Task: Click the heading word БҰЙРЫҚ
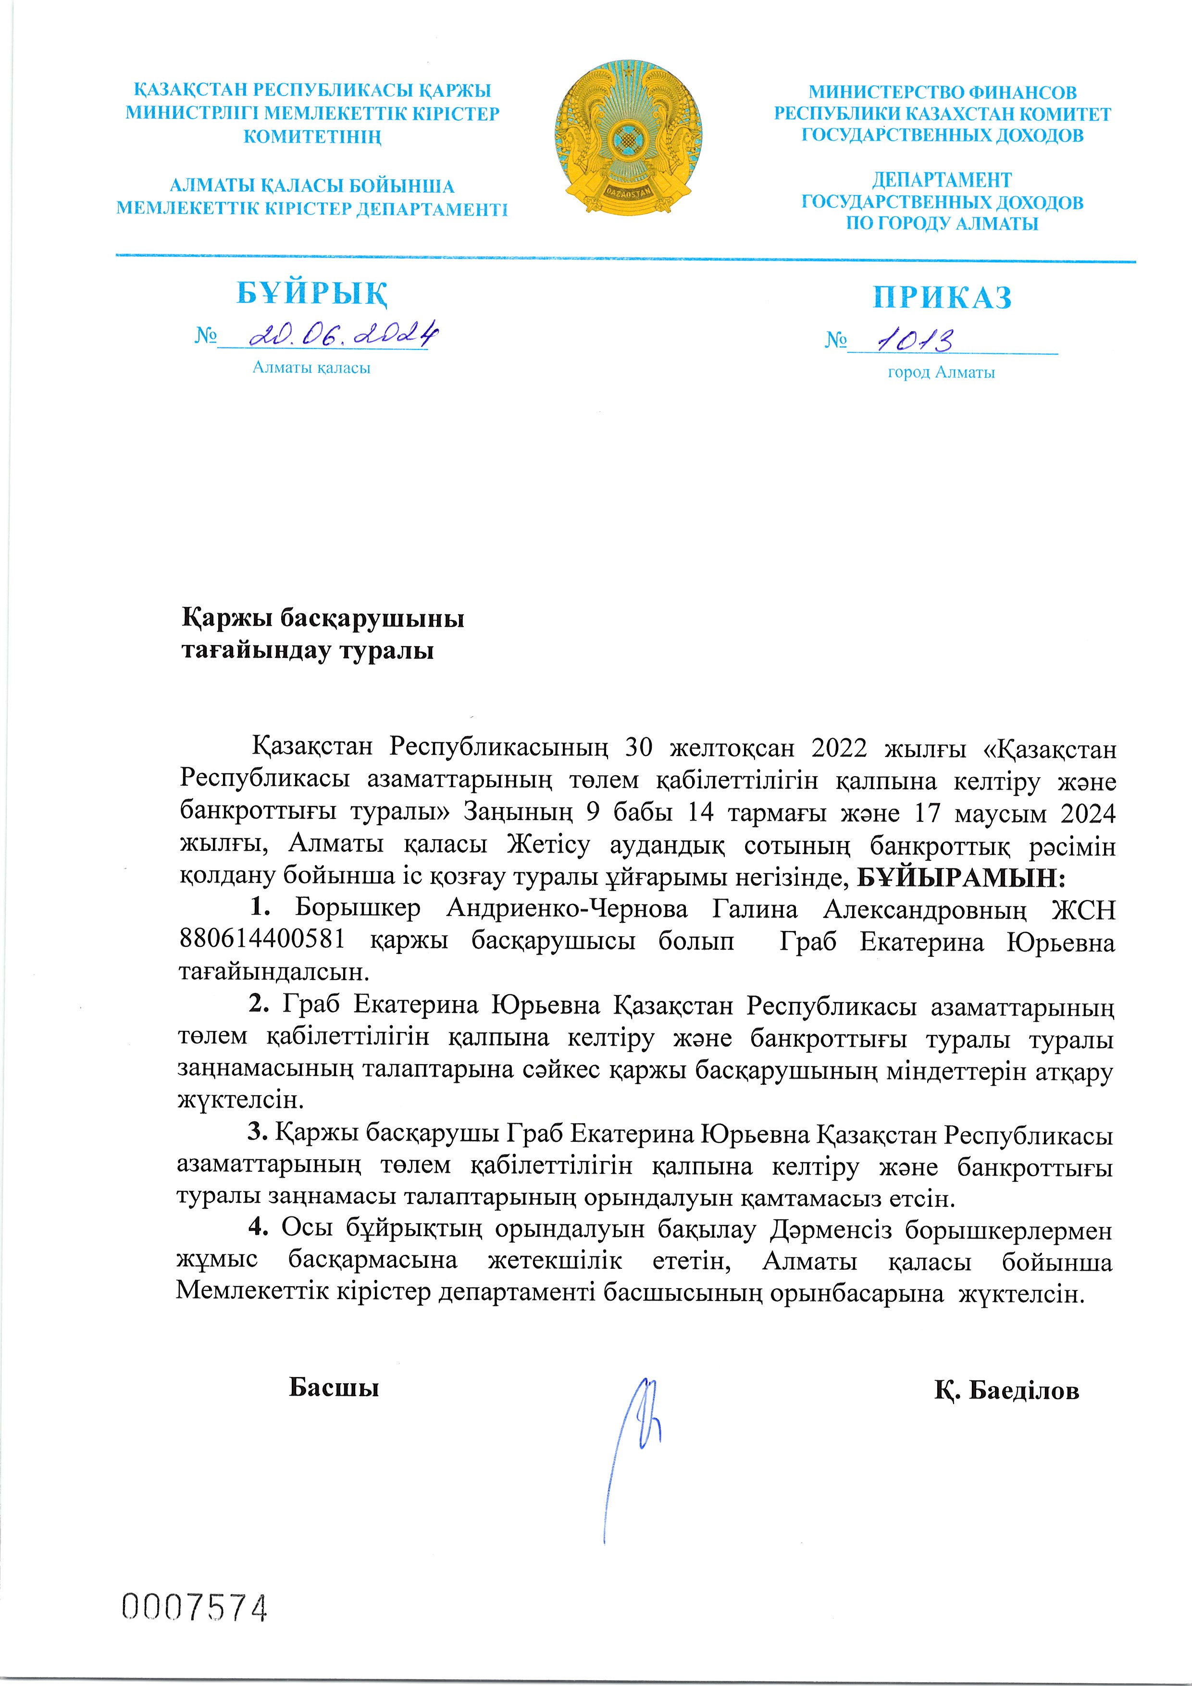[312, 293]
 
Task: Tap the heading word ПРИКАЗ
[942, 298]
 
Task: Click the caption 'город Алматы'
[941, 372]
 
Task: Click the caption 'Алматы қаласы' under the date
[311, 367]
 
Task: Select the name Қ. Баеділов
[1006, 1389]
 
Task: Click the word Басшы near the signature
[334, 1387]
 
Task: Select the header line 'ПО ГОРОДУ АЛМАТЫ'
[942, 224]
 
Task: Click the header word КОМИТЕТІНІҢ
[312, 136]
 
